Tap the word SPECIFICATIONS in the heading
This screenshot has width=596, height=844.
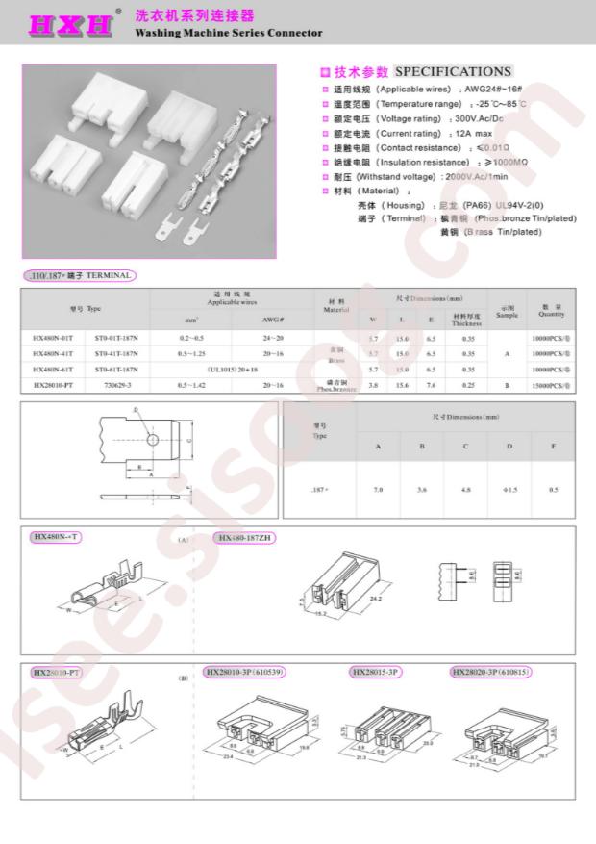pyautogui.click(x=453, y=71)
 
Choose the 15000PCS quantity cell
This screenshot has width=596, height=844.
pyautogui.click(x=552, y=384)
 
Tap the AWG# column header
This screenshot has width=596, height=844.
pyautogui.click(x=273, y=319)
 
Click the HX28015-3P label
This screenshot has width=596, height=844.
pyautogui.click(x=377, y=672)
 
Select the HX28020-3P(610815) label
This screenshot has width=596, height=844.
pyautogui.click(x=490, y=672)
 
